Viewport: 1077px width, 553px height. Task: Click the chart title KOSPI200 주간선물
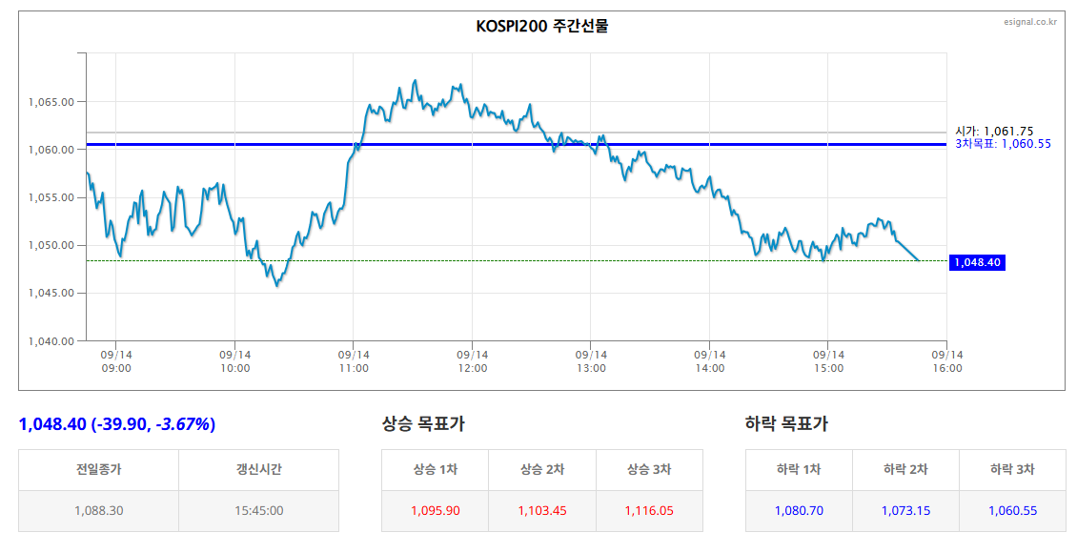pyautogui.click(x=542, y=26)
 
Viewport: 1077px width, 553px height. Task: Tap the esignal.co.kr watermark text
pyautogui.click(x=1030, y=22)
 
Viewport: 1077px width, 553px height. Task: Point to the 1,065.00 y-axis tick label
pyautogui.click(x=51, y=102)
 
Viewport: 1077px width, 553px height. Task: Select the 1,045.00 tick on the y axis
pyautogui.click(x=51, y=293)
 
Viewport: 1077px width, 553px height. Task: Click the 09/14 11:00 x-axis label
pyautogui.click(x=354, y=361)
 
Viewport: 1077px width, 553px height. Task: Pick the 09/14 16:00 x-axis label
pyautogui.click(x=947, y=361)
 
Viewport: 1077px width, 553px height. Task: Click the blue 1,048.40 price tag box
pyautogui.click(x=978, y=262)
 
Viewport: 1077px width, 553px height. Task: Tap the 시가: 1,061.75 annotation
pyautogui.click(x=994, y=132)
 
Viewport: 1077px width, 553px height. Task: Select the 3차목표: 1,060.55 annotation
pyautogui.click(x=1003, y=144)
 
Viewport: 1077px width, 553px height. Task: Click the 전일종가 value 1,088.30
pyautogui.click(x=99, y=510)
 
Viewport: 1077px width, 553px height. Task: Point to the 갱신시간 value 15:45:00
pyautogui.click(x=259, y=510)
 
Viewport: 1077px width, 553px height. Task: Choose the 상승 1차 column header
pyautogui.click(x=436, y=469)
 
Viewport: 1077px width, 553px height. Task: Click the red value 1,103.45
pyautogui.click(x=542, y=510)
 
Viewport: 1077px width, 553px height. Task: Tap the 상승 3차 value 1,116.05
pyautogui.click(x=649, y=510)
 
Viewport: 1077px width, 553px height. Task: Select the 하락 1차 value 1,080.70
pyautogui.click(x=799, y=510)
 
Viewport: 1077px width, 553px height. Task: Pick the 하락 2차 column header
pyautogui.click(x=905, y=469)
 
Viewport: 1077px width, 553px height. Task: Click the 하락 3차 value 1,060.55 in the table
pyautogui.click(x=1012, y=510)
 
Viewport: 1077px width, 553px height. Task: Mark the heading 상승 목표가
pyautogui.click(x=423, y=424)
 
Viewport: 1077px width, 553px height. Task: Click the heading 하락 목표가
pyautogui.click(x=786, y=424)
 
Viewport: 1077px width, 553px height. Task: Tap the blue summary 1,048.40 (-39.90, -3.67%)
pyautogui.click(x=117, y=424)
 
